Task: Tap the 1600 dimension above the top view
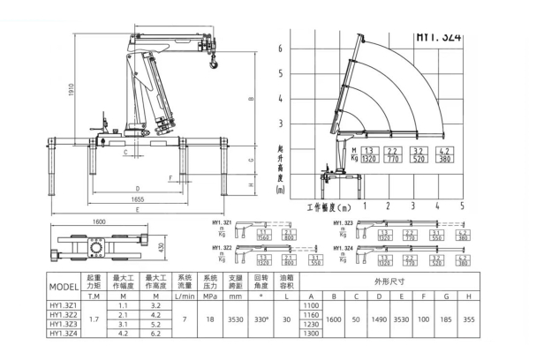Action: click(x=98, y=221)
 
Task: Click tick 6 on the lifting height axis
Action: click(x=280, y=49)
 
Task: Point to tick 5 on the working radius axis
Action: click(x=462, y=206)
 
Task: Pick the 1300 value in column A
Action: click(x=309, y=334)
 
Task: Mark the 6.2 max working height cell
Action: click(x=156, y=334)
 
